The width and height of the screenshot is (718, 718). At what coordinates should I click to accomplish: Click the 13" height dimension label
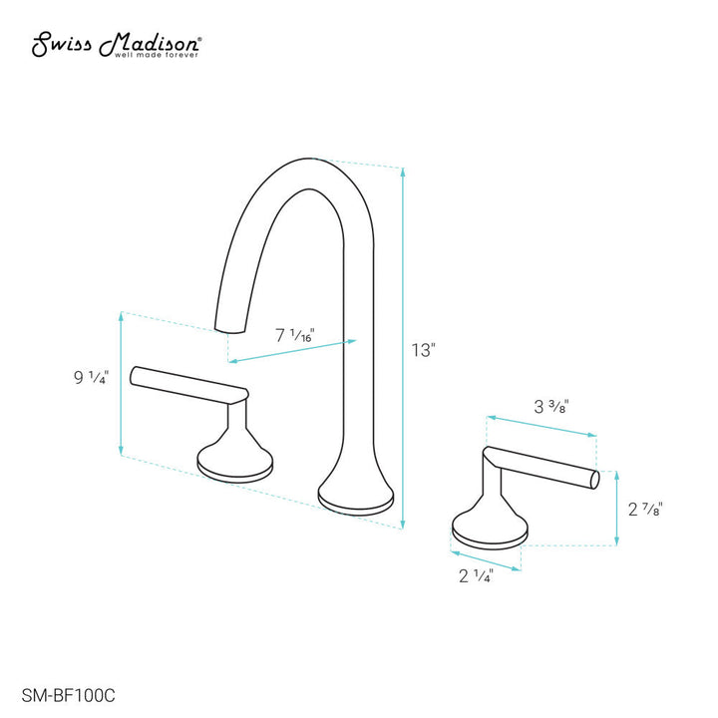pyautogui.click(x=425, y=350)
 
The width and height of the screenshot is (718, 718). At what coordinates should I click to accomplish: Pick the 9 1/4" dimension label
pyautogui.click(x=91, y=378)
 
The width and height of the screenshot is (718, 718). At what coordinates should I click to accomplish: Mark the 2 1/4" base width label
pyautogui.click(x=476, y=575)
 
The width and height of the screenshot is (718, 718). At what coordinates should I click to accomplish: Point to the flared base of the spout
pyautogui.click(x=356, y=494)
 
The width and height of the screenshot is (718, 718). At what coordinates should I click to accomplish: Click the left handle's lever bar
pyautogui.click(x=189, y=383)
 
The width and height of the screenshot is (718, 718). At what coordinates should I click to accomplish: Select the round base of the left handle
pyautogui.click(x=234, y=464)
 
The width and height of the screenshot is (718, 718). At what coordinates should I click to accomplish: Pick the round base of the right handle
pyautogui.click(x=489, y=529)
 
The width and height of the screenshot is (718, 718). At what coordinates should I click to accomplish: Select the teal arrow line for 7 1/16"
pyautogui.click(x=292, y=351)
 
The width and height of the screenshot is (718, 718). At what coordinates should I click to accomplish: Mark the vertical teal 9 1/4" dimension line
pyautogui.click(x=121, y=383)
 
